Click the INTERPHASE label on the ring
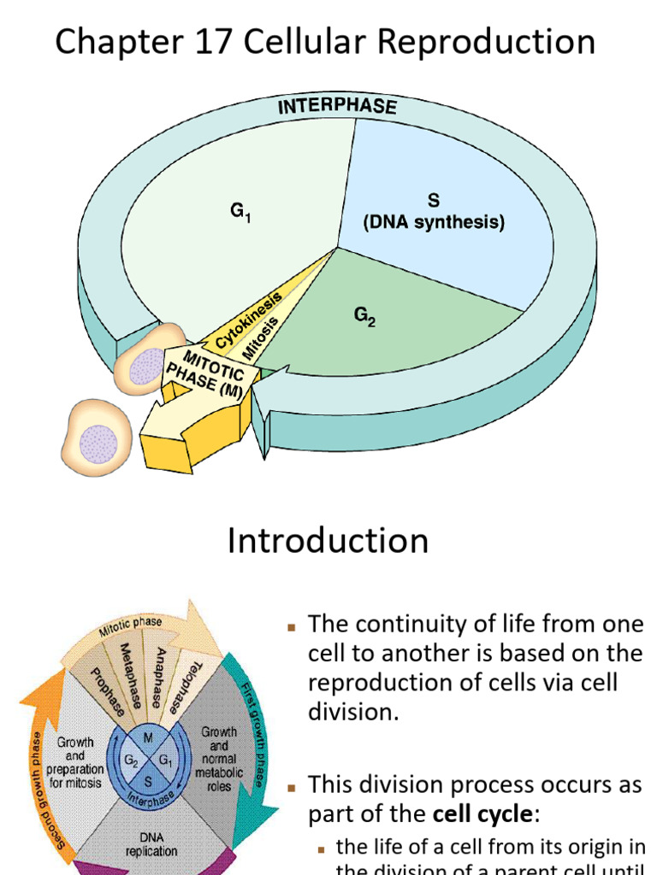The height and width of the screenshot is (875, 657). [337, 107]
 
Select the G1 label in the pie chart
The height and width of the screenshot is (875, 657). [240, 213]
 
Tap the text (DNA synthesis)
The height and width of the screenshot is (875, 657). [434, 223]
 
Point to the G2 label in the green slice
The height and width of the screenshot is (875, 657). [365, 317]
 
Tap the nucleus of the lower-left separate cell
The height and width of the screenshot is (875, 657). [98, 443]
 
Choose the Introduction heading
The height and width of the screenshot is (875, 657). [328, 541]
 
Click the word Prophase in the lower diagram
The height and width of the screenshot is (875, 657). [107, 690]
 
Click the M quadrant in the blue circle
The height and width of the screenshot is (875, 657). [149, 737]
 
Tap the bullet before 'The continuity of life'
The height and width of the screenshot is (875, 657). [291, 626]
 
